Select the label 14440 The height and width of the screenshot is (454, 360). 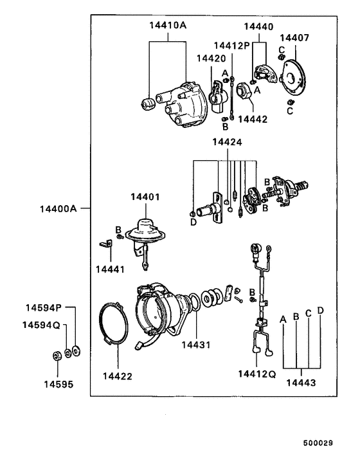(258, 27)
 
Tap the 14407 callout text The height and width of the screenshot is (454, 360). (294, 37)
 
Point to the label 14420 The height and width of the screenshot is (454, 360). (211, 58)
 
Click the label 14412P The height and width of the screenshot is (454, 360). (231, 46)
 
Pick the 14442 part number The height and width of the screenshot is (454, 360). (253, 119)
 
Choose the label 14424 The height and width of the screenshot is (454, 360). (224, 143)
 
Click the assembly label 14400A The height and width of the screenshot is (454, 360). (59, 209)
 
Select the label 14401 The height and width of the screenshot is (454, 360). (148, 197)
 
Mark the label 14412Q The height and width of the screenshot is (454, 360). (256, 373)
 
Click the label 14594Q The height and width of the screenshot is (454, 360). (42, 325)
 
